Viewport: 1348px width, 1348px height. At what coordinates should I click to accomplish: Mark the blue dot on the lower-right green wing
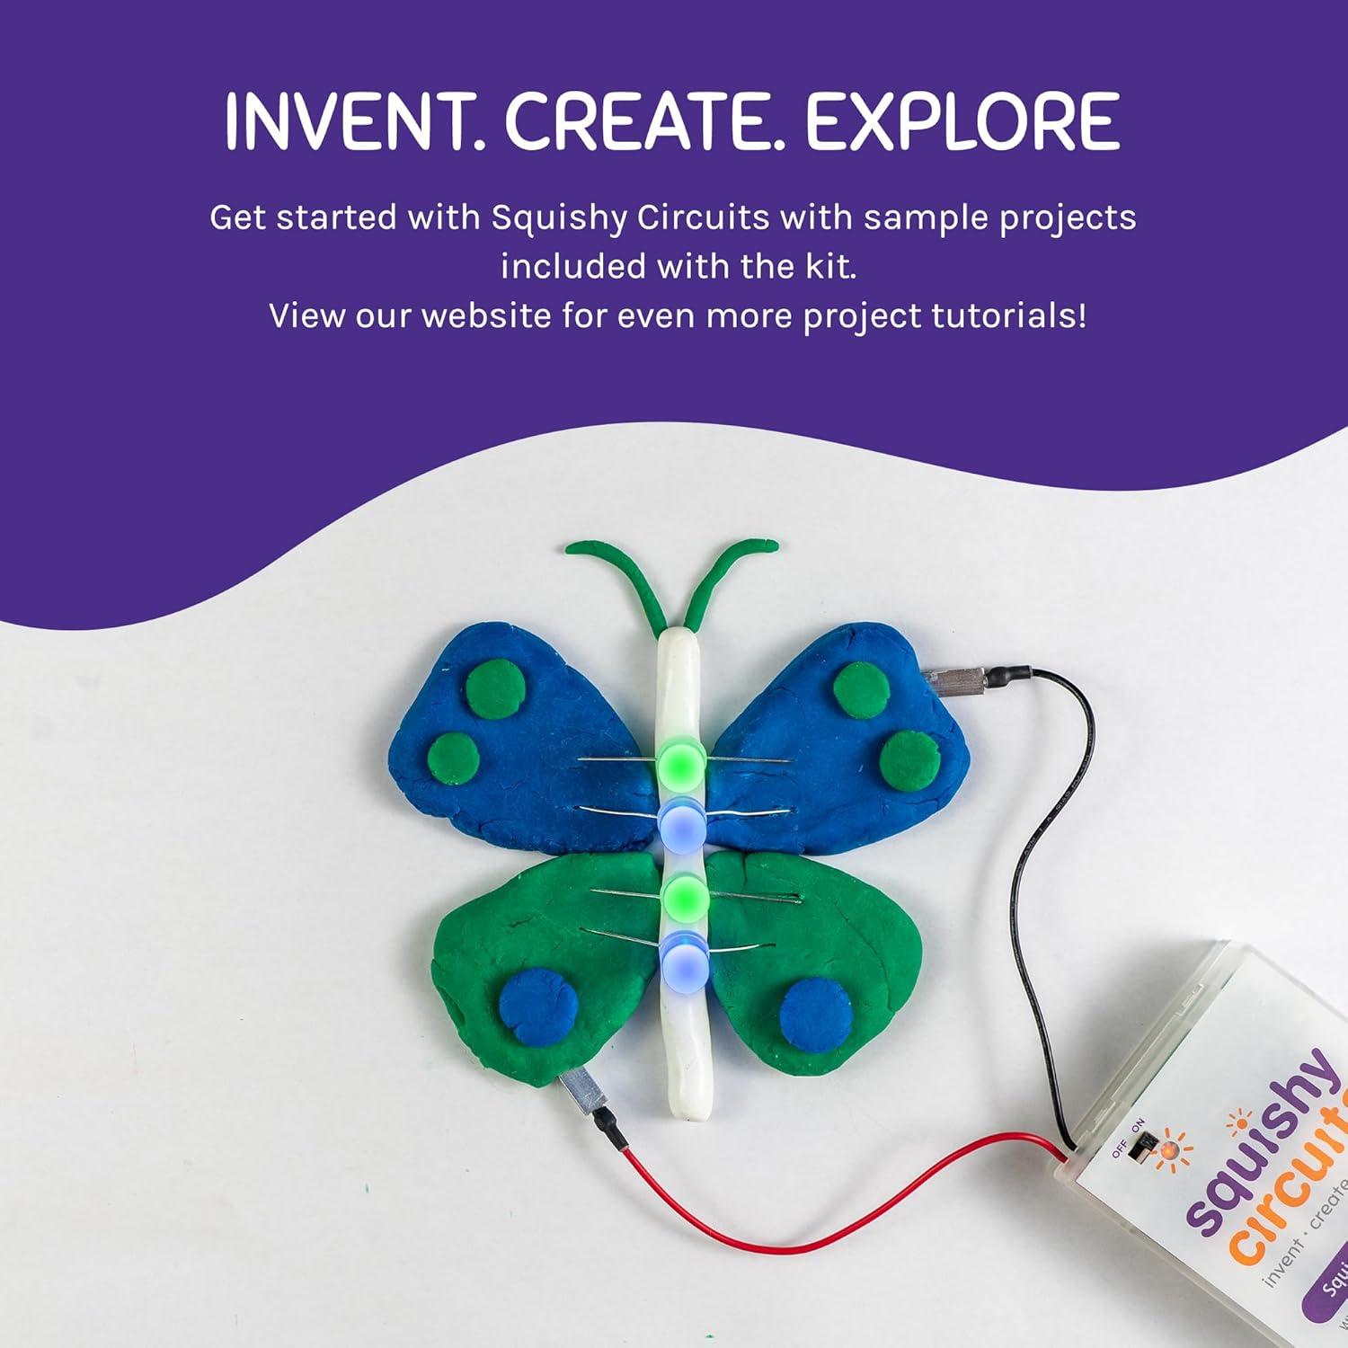[x=815, y=1012]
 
